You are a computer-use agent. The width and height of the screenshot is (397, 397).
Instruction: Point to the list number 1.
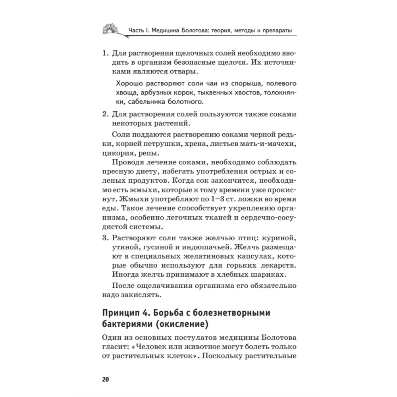click(105, 53)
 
